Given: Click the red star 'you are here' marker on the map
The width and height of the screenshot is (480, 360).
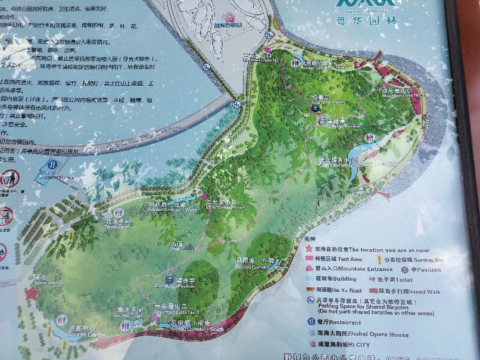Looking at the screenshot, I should point(32,293).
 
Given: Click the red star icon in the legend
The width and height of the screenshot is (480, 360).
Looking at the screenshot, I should point(309,249).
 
